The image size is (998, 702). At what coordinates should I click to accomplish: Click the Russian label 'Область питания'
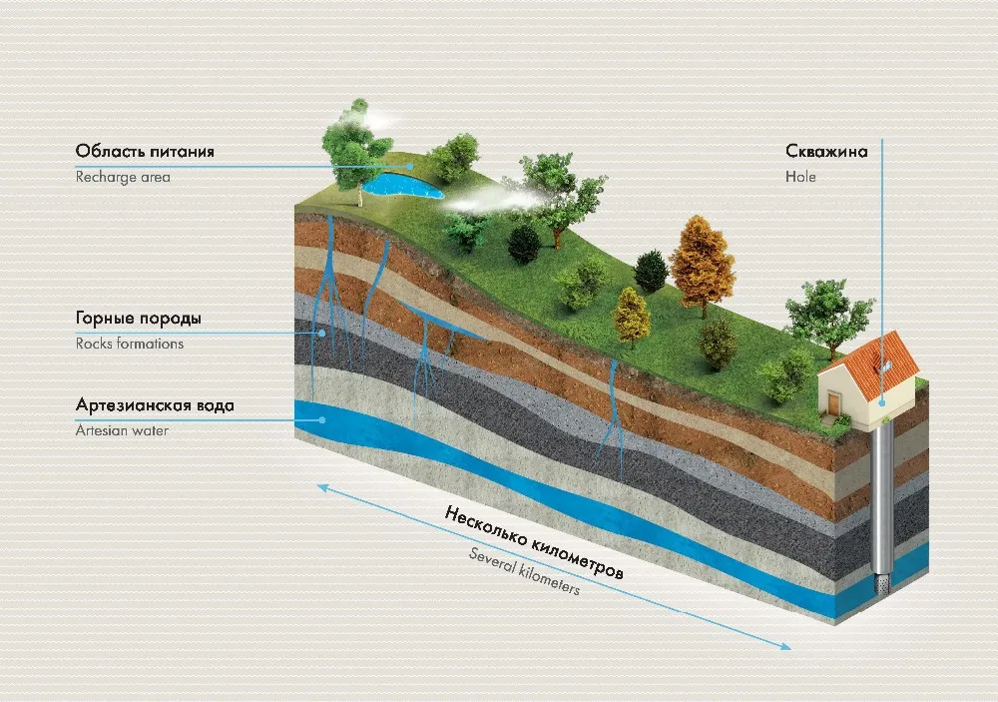pyautogui.click(x=145, y=152)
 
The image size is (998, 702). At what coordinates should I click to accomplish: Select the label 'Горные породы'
pyautogui.click(x=139, y=320)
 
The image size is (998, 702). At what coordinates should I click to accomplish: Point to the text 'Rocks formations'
pyautogui.click(x=130, y=344)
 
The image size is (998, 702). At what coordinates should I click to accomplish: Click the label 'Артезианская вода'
pyautogui.click(x=156, y=406)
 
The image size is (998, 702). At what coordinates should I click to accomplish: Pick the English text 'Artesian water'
pyautogui.click(x=121, y=430)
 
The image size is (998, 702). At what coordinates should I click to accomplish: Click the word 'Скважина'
pyautogui.click(x=826, y=153)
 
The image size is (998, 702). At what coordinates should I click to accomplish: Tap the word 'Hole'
pyautogui.click(x=800, y=177)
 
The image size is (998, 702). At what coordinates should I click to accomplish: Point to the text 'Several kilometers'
pyautogui.click(x=524, y=573)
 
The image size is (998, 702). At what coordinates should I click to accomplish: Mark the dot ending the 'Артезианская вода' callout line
pyautogui.click(x=321, y=419)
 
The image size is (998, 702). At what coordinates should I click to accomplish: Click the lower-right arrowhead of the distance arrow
pyautogui.click(x=787, y=647)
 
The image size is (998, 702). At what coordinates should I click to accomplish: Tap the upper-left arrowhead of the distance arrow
pyautogui.click(x=321, y=485)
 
